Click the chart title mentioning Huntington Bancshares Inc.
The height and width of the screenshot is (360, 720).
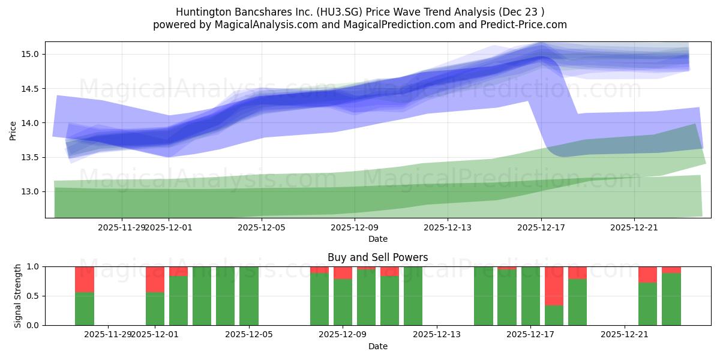point(360,12)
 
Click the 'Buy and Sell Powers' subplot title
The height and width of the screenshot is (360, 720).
point(377,257)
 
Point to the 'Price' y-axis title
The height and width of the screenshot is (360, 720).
point(13,130)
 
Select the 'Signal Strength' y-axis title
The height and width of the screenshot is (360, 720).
point(18,295)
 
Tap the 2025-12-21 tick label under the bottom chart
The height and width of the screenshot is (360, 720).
point(625,334)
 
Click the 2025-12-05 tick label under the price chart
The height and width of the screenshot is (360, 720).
point(262,227)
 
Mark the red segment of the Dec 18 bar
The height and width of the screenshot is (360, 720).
point(554,286)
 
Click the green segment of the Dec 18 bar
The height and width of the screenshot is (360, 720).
point(554,315)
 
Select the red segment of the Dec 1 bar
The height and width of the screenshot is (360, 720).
point(155,279)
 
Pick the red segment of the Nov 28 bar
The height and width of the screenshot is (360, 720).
point(85,279)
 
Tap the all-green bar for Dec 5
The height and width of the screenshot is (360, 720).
point(249,296)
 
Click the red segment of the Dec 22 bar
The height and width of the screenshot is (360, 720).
point(648,274)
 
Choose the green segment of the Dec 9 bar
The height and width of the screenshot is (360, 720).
point(343,302)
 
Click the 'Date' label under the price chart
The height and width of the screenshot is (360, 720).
point(377,239)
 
